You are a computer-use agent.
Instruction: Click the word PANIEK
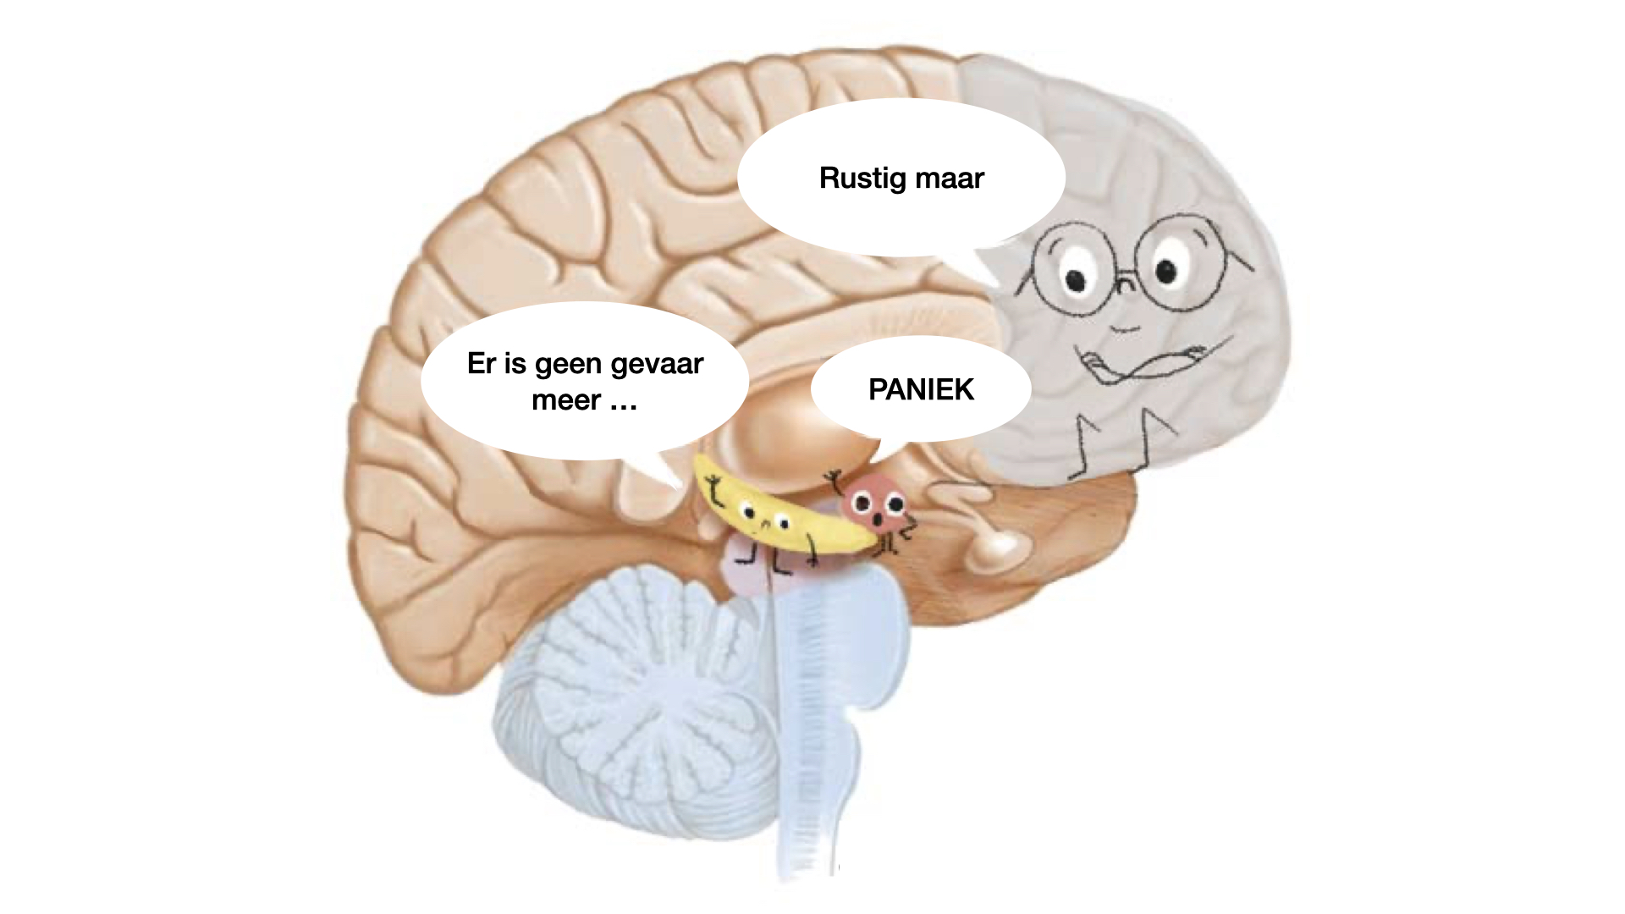pos(921,389)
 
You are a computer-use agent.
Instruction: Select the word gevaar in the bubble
pos(657,364)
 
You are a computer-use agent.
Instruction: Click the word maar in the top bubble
pos(950,178)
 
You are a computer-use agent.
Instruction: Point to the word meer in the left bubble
pos(565,399)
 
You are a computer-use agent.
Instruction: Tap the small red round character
pos(876,506)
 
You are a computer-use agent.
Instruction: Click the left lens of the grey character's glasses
pos(1075,267)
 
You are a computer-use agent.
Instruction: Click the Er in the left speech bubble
pos(481,364)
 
